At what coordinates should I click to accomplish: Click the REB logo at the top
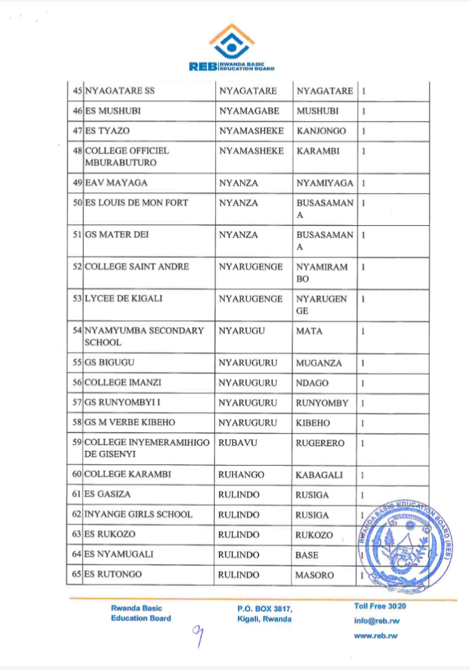[x=232, y=48]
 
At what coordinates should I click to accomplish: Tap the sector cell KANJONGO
[x=321, y=131]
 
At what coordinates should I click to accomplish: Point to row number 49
[x=77, y=183]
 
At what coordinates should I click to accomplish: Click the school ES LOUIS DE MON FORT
[x=136, y=203]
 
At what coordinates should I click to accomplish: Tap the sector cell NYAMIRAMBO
[x=322, y=273]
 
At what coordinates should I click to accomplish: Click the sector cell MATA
[x=309, y=331]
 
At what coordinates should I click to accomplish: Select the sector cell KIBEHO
[x=313, y=423]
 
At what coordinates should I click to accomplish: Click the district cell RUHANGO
[x=240, y=475]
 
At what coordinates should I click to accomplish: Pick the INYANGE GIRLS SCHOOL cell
[x=139, y=515]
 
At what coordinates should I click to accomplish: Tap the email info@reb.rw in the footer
[x=376, y=621]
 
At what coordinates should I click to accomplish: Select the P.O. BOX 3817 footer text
[x=265, y=609]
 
